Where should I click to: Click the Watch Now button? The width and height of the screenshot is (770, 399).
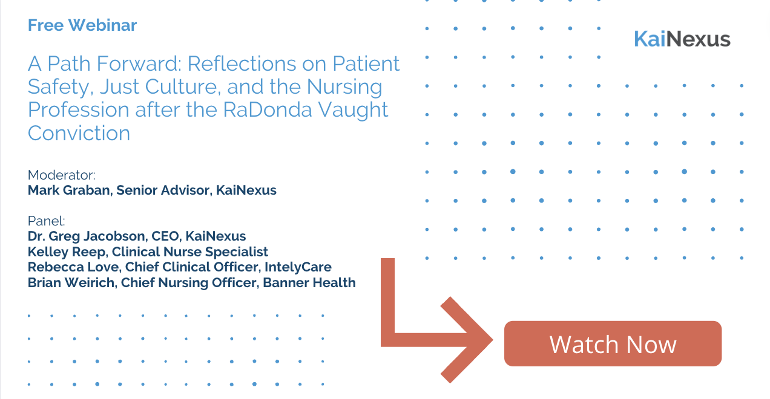pyautogui.click(x=613, y=344)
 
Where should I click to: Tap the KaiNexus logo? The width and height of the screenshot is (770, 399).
pyautogui.click(x=682, y=39)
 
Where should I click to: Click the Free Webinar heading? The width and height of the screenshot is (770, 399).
pyautogui.click(x=82, y=25)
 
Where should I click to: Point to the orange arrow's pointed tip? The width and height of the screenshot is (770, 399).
pyautogui.click(x=493, y=340)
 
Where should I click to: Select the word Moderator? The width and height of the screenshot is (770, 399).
pyautogui.click(x=61, y=175)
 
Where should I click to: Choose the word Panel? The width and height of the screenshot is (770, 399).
pyautogui.click(x=45, y=221)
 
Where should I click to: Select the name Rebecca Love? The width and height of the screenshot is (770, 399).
pyautogui.click(x=74, y=267)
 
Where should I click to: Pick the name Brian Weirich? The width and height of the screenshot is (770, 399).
pyautogui.click(x=72, y=283)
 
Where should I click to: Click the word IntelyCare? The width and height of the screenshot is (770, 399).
pyautogui.click(x=298, y=267)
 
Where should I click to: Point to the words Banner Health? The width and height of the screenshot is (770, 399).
pyautogui.click(x=309, y=283)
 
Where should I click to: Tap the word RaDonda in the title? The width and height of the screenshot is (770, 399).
pyautogui.click(x=266, y=109)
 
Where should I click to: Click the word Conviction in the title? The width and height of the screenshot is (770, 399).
pyautogui.click(x=79, y=133)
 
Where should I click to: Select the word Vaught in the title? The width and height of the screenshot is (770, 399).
pyautogui.click(x=353, y=110)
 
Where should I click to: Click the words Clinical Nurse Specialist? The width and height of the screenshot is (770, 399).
pyautogui.click(x=189, y=252)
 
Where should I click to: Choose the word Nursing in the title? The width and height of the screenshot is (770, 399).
pyautogui.click(x=344, y=87)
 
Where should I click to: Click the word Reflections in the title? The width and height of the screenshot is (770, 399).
pyautogui.click(x=240, y=63)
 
